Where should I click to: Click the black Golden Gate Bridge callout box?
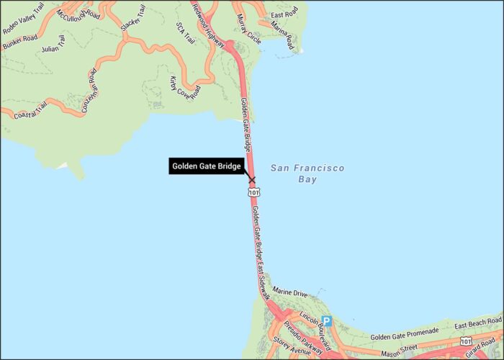pos(205,166)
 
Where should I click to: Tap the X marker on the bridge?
pos(251,179)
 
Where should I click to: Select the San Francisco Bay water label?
pos(307,173)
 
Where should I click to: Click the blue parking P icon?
pos(327,321)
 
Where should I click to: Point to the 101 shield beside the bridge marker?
pos(253,193)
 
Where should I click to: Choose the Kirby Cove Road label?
pos(184,89)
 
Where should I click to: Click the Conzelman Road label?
pos(90,90)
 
